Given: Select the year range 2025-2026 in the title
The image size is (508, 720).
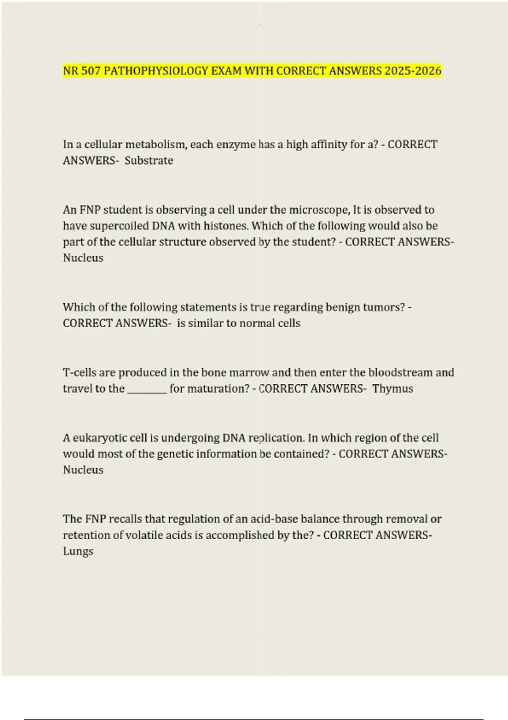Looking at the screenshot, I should coord(413,71).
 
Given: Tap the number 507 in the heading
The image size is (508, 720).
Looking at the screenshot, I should coord(90,71).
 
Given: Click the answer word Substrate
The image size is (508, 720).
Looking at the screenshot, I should coord(149,161).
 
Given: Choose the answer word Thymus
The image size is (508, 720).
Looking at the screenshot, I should coord(392,388).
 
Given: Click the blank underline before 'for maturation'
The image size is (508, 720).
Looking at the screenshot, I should coord(147,390).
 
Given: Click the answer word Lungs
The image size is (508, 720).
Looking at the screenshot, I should coord(78,551).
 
